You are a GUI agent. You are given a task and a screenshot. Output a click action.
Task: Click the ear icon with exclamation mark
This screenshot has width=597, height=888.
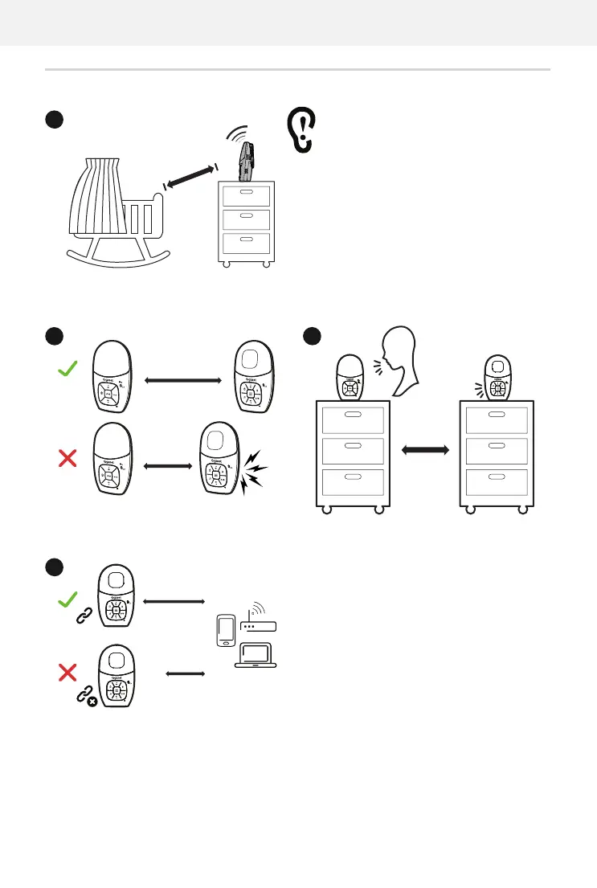click(x=302, y=131)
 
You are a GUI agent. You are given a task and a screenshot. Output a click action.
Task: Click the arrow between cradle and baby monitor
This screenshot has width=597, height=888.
click(x=190, y=177)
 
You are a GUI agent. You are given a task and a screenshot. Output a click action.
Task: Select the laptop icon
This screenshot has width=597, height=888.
click(x=255, y=653)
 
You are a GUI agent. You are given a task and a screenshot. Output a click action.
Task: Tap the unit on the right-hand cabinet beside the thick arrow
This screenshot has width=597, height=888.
click(x=497, y=378)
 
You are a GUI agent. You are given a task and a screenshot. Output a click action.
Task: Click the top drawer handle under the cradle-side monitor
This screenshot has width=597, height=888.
click(x=247, y=192)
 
